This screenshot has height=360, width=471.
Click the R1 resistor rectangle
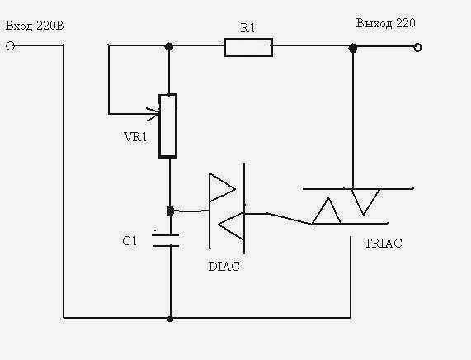pyautogui.click(x=249, y=47)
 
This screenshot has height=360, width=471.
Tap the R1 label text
pyautogui.click(x=247, y=28)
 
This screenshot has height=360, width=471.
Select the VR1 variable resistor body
pyautogui.click(x=168, y=126)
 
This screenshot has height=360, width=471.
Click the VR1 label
pyautogui.click(x=136, y=137)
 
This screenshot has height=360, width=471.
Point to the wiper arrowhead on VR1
pyautogui.click(x=153, y=114)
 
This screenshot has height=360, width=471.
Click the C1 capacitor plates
pyautogui.click(x=166, y=240)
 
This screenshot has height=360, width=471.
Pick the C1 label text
pyautogui.click(x=130, y=241)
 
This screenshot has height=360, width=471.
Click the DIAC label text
pyautogui.click(x=224, y=267)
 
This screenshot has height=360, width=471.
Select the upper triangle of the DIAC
pyautogui.click(x=222, y=187)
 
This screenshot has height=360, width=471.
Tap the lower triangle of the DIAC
pyautogui.click(x=231, y=225)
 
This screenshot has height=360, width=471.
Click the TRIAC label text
pyautogui.click(x=383, y=244)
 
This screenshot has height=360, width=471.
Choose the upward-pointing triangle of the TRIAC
pyautogui.click(x=327, y=211)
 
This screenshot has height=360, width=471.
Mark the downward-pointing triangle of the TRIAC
pyautogui.click(x=365, y=201)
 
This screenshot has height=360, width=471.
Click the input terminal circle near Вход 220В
pyautogui.click(x=10, y=46)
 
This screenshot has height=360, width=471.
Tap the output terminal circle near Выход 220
pyautogui.click(x=417, y=47)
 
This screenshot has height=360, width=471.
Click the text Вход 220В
pyautogui.click(x=35, y=26)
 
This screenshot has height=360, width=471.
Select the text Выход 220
pyautogui.click(x=386, y=23)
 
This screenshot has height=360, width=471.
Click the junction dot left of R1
pyautogui.click(x=169, y=46)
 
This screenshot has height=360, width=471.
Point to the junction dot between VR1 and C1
pyautogui.click(x=170, y=211)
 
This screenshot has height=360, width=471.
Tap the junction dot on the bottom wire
pyautogui.click(x=170, y=319)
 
